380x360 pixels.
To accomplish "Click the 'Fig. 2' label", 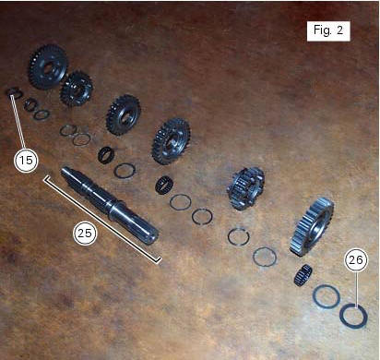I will coord(327,30).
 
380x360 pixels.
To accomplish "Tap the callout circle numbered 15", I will coord(27,160).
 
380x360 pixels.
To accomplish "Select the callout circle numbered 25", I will coord(85,233).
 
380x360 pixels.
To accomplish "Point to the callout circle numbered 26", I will coord(355,260).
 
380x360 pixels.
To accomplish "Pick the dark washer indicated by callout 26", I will coord(353,315).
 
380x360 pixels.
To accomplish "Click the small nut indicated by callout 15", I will coord(13,93).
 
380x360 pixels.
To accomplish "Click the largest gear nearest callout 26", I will coord(312,226).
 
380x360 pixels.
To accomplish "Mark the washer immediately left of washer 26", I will coord(326,296).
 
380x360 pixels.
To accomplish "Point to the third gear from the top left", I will coord(123,114).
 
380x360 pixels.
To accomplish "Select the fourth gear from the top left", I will coord(172,139).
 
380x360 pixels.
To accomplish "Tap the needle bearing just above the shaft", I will coord(107,154).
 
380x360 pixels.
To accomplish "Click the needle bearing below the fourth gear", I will coord(165,183).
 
